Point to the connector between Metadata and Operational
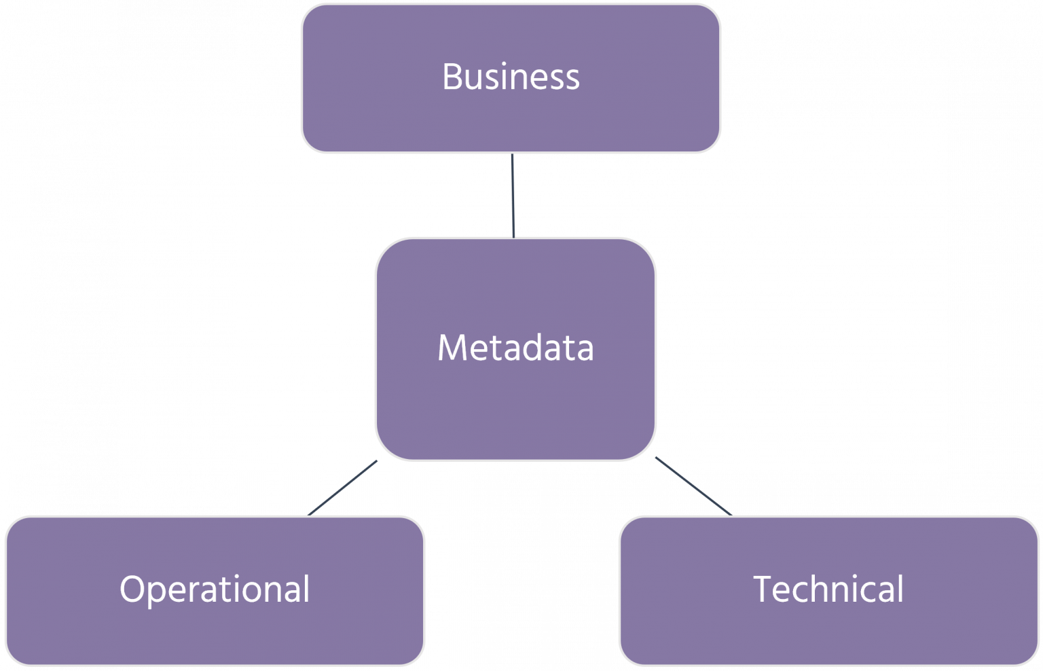[x=342, y=488]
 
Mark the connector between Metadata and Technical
[x=693, y=486]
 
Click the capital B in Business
[x=452, y=76]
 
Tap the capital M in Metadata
[x=452, y=348]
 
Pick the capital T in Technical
[x=765, y=589]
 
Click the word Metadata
[x=515, y=348]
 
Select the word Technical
[x=828, y=589]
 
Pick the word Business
[x=511, y=76]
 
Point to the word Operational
[x=215, y=590]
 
